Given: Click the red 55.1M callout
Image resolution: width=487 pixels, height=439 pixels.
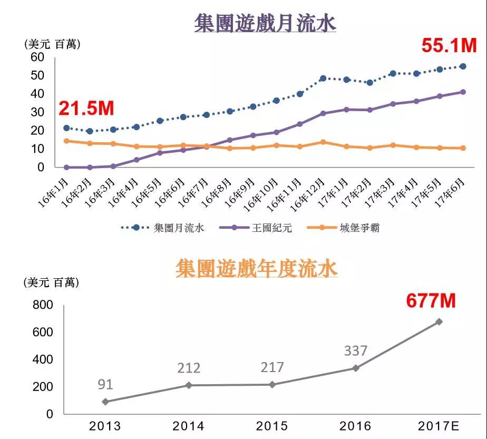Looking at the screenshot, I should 449,46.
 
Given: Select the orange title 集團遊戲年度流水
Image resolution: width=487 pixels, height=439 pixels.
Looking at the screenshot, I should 257,269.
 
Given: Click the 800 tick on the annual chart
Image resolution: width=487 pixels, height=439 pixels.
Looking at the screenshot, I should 43,305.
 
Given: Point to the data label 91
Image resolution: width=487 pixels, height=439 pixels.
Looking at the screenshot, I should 106,384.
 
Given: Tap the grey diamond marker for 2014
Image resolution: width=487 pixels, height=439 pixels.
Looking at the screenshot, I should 189,385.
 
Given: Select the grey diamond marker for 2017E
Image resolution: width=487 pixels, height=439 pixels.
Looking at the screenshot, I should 439,321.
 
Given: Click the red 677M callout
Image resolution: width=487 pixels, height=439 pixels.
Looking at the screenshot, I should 430,301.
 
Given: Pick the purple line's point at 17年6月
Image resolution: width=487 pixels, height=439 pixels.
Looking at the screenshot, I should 463,92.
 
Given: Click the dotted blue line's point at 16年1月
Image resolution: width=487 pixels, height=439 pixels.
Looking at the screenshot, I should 66,128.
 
